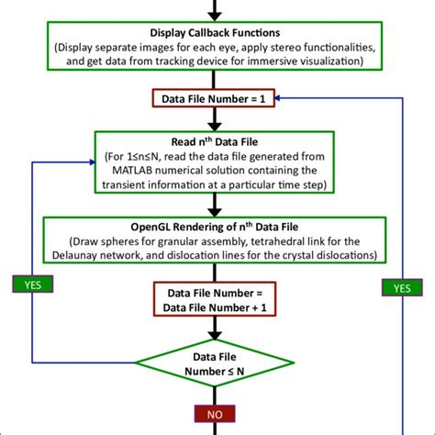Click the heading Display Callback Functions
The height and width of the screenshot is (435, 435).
click(x=217, y=29)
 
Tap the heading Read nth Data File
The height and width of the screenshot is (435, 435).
click(x=217, y=141)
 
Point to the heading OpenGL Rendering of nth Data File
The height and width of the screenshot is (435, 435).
click(x=217, y=226)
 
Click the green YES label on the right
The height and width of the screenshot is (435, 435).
click(x=402, y=287)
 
